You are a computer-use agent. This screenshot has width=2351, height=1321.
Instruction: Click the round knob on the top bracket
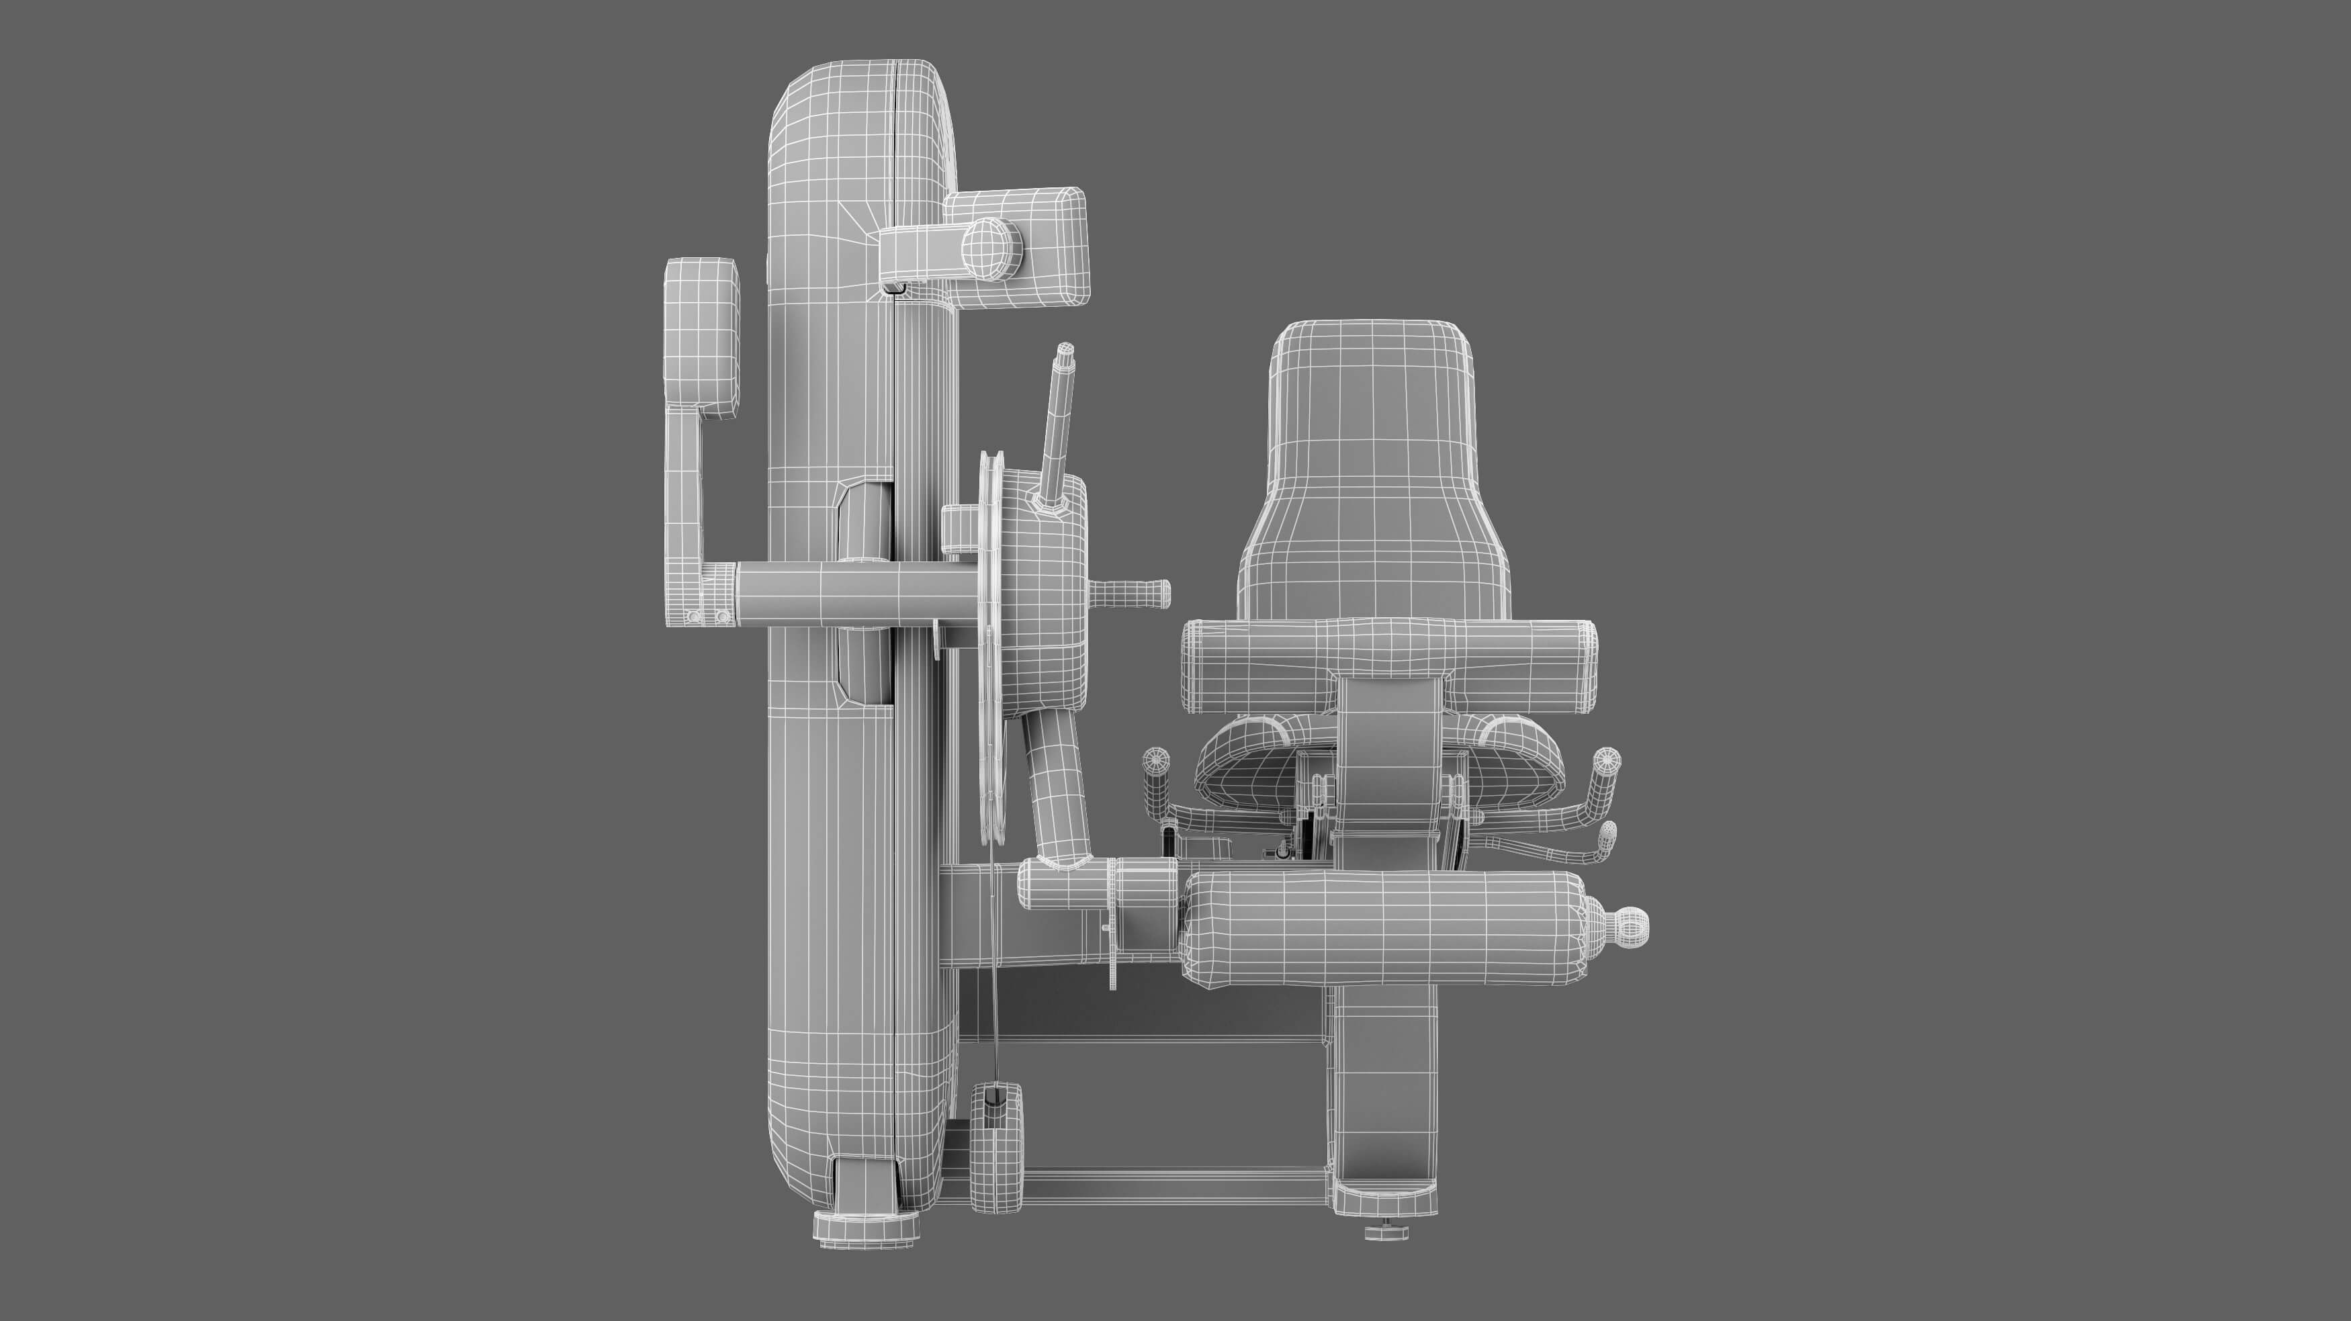tap(992, 247)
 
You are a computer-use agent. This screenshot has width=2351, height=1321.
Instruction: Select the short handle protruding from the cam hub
tap(1137, 593)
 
